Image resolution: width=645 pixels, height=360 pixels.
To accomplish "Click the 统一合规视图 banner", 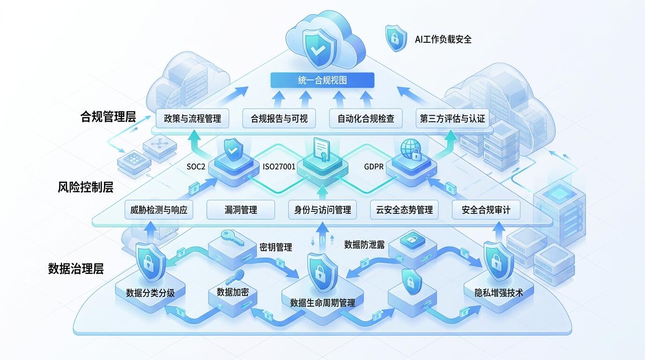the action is [322, 80].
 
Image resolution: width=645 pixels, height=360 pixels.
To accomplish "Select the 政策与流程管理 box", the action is [192, 119].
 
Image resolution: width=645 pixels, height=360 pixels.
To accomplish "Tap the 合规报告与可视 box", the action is [279, 119].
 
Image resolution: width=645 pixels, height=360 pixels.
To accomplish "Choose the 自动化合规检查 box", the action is [366, 119].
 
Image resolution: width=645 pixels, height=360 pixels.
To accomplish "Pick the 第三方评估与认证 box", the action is [452, 119].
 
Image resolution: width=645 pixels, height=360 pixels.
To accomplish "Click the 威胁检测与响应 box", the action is [158, 210].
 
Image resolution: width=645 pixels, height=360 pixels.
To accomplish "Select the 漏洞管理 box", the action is [241, 210].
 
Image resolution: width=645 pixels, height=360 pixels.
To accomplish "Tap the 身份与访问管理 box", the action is [322, 210].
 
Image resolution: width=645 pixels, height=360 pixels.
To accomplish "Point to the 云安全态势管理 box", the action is [404, 210].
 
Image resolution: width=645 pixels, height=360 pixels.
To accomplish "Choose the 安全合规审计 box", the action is [486, 210].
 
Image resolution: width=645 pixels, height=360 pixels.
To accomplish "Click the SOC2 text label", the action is [196, 166].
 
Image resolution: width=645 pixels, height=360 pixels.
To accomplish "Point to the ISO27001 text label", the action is [279, 166].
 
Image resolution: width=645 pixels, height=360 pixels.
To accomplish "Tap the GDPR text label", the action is [374, 166].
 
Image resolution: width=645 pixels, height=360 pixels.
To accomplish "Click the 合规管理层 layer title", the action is [108, 117].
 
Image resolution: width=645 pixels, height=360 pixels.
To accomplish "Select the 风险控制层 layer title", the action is [85, 187].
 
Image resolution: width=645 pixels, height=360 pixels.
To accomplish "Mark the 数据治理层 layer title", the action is [76, 269].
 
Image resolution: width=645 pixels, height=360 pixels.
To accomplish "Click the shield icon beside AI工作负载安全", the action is [396, 38].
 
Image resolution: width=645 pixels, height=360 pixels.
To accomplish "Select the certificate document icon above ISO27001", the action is [322, 150].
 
